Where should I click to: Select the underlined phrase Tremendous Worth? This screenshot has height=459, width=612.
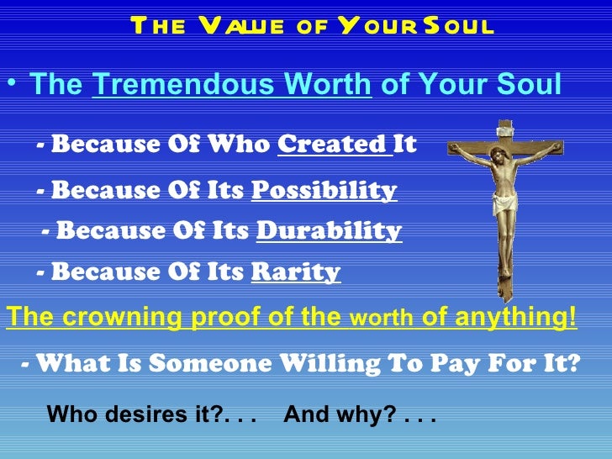click(232, 85)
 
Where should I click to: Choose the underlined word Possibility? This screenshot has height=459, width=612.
click(324, 191)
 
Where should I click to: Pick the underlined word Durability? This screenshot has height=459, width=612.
click(328, 230)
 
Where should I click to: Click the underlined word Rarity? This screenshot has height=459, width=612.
click(295, 272)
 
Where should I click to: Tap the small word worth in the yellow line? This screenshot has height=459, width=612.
click(381, 319)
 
